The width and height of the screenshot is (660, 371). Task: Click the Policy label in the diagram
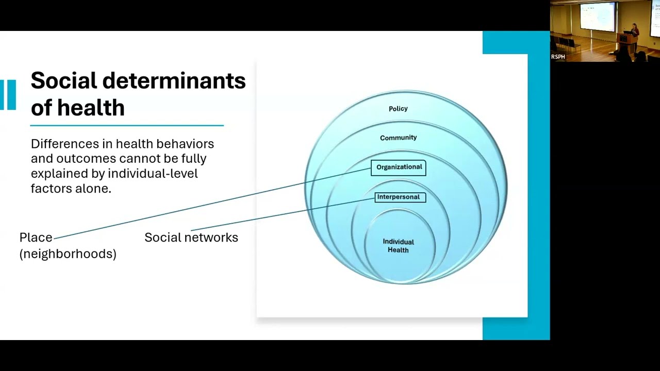click(398, 109)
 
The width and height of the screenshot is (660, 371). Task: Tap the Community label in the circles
click(399, 138)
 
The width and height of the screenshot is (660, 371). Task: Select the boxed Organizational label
click(399, 168)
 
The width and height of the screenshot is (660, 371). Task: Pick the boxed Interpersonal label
click(400, 197)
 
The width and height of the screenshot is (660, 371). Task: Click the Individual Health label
click(399, 246)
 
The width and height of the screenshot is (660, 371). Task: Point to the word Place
click(36, 238)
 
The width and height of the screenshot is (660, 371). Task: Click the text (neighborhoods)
click(68, 254)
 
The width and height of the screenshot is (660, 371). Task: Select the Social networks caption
click(191, 238)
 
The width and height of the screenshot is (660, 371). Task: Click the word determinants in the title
click(174, 80)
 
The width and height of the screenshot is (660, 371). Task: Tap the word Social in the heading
click(64, 80)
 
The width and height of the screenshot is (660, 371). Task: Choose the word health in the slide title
click(91, 108)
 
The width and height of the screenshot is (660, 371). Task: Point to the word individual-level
click(153, 174)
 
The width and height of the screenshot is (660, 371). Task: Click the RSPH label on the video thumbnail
click(558, 57)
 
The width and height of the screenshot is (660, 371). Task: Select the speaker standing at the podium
click(634, 38)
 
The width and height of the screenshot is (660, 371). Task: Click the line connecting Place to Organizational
click(212, 204)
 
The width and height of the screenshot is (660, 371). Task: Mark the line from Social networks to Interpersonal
click(283, 214)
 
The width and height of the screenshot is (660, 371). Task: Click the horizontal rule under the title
click(127, 125)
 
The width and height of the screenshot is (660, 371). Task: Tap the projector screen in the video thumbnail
click(597, 16)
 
